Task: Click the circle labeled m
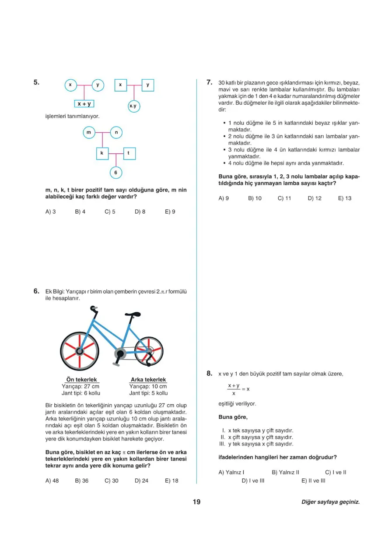point(89,132)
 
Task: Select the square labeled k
point(102,153)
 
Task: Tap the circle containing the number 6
point(115,173)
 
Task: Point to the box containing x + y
point(84,104)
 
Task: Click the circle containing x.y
point(133,106)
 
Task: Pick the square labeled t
point(129,153)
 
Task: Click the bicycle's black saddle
point(133,314)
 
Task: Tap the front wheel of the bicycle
point(80,350)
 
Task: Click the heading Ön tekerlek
point(81,380)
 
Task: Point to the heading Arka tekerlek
point(148,380)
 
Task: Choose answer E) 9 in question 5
point(170,212)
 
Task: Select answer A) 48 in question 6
point(52,480)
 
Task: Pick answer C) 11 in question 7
point(284,198)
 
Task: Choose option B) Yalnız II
point(285,472)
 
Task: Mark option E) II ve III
point(313,480)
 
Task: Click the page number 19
point(196,502)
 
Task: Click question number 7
point(210,82)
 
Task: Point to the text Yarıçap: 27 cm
point(81,387)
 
